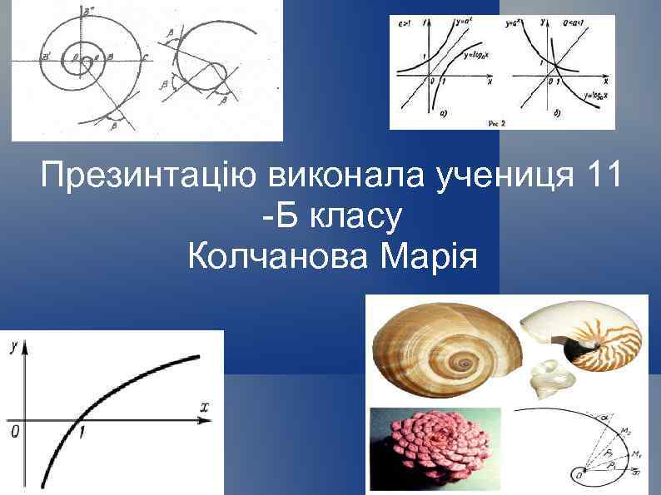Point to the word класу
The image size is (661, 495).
tap(357, 217)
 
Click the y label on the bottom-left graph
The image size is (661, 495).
tap(14, 350)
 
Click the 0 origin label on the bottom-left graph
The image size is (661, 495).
tap(12, 432)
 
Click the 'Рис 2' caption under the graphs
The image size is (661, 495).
tap(496, 122)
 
